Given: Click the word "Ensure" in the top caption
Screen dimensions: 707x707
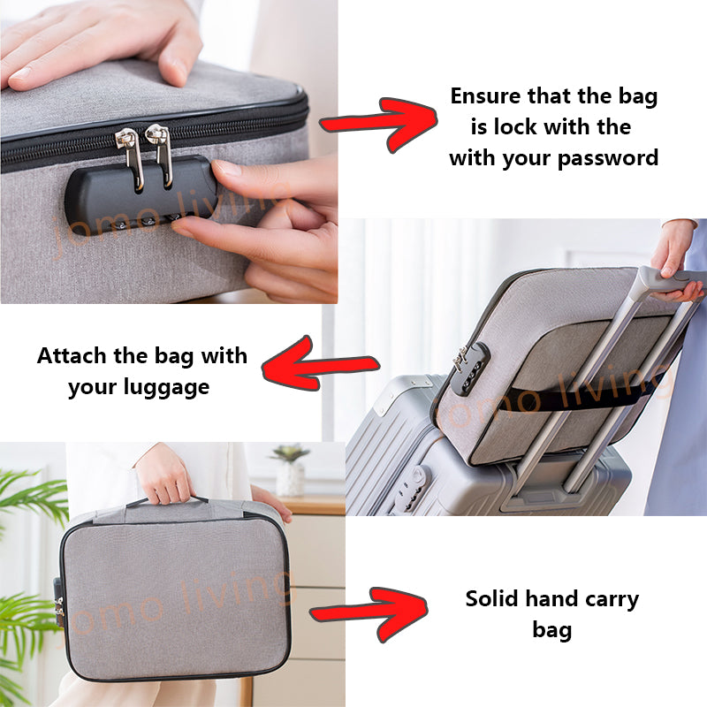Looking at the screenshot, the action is pos(485,96).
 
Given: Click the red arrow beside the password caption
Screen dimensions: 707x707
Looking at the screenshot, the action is pos(378,123).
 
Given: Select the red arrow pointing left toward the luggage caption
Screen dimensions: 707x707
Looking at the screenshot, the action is pos(320,363).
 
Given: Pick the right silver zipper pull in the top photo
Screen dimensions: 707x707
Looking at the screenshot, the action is pos(161,154).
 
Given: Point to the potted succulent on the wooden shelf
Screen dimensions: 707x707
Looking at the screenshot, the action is pos(290,470).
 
